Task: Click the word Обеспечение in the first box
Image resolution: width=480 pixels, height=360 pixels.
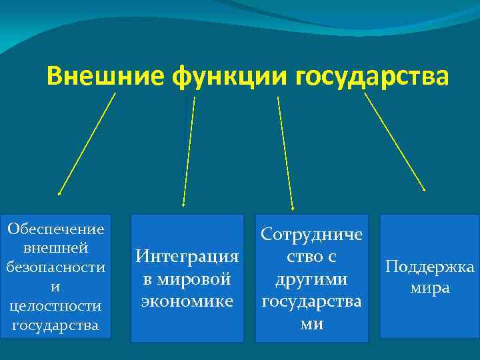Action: (56, 229)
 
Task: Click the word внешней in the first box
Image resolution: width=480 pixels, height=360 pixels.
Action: (56, 249)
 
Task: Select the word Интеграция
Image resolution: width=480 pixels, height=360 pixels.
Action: (187, 256)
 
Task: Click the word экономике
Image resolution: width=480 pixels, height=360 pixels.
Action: (187, 301)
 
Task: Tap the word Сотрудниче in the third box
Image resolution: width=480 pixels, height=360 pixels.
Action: (312, 234)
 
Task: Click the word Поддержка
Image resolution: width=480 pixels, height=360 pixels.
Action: (430, 267)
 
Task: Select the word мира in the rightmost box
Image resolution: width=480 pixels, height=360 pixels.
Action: (430, 288)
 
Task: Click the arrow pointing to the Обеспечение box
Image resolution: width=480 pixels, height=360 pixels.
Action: (87, 143)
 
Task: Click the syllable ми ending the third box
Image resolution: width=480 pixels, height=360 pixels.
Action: (312, 324)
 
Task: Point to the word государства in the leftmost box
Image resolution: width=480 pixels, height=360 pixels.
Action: (56, 326)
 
